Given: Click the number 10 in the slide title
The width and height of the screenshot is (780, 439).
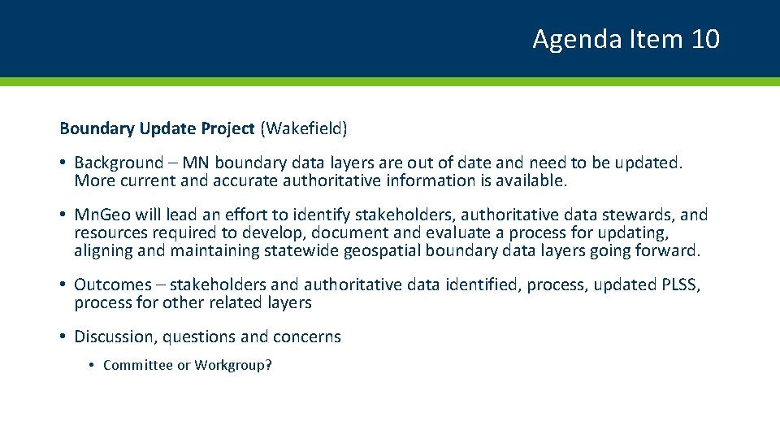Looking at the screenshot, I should tap(705, 39).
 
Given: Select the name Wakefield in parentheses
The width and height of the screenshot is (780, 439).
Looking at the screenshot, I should tap(304, 128).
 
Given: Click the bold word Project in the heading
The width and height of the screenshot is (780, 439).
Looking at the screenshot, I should tap(222, 128).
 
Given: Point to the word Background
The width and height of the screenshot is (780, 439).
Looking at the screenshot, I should tap(119, 163).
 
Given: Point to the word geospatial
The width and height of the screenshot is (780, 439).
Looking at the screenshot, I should tap(382, 250).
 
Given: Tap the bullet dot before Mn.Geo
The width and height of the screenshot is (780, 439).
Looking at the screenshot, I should tap(63, 215).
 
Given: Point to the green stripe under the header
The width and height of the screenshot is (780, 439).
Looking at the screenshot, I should tap(390, 81).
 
